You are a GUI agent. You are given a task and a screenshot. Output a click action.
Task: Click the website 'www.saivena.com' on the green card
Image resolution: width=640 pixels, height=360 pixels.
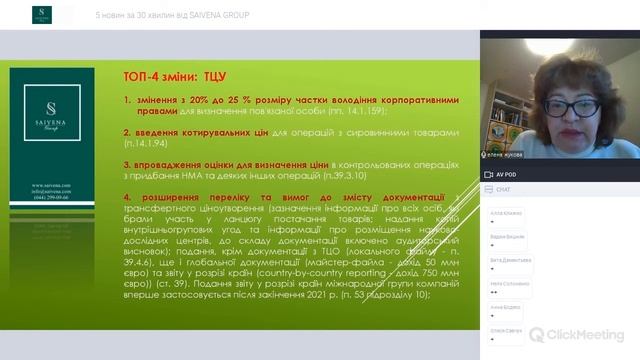(49, 186)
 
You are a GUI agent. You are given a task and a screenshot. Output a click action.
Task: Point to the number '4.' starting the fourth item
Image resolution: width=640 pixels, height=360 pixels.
(128, 196)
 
